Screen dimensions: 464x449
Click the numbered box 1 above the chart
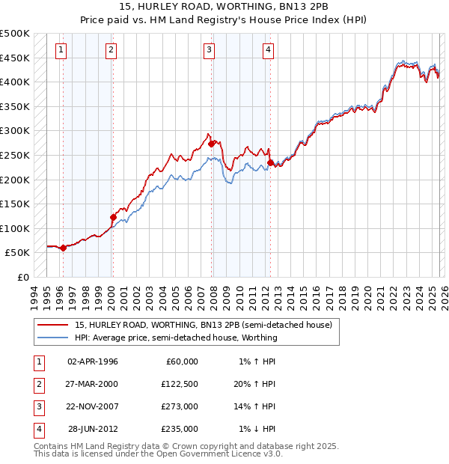(61, 50)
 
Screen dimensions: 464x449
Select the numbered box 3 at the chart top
(209, 50)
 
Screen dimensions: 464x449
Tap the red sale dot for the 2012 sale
(270, 162)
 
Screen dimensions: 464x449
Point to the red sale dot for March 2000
(113, 217)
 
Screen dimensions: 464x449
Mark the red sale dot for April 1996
(63, 248)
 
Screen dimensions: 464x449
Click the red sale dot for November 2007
(212, 143)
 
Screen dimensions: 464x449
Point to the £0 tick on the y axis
(22, 277)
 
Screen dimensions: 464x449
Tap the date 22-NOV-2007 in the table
(92, 406)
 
